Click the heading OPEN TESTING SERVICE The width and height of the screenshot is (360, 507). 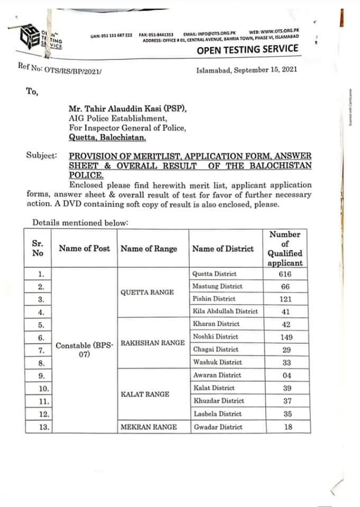[x=247, y=50]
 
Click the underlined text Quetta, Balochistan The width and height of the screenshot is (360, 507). [x=108, y=137]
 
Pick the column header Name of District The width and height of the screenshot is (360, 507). [x=223, y=249]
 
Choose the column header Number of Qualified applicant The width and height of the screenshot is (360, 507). [x=285, y=248]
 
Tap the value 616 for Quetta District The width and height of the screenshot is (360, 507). [x=285, y=274]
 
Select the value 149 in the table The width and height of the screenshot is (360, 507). [x=285, y=336]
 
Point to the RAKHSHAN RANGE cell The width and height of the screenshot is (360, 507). [x=153, y=343]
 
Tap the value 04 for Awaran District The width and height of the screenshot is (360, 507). [x=285, y=375]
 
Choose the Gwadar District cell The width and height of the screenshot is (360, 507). [x=217, y=427]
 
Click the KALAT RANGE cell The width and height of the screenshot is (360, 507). [x=145, y=394]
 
